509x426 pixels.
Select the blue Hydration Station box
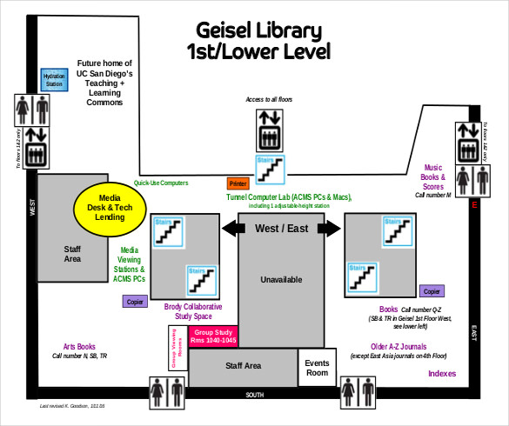click(x=54, y=81)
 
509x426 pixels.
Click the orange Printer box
click(x=238, y=183)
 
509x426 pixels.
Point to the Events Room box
click(x=318, y=368)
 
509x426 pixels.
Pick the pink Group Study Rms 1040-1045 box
click(x=213, y=336)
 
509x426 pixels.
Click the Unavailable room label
click(x=282, y=280)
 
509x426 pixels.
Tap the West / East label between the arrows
click(x=281, y=229)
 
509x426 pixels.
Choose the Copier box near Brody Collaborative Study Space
click(x=135, y=302)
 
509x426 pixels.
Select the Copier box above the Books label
click(x=432, y=291)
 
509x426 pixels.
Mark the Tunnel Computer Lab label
click(x=289, y=197)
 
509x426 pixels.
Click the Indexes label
click(x=442, y=373)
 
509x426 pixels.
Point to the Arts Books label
click(x=79, y=346)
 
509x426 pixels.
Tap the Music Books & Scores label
click(x=432, y=177)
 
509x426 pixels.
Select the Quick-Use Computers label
click(x=161, y=183)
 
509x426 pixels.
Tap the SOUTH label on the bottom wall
click(x=255, y=396)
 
